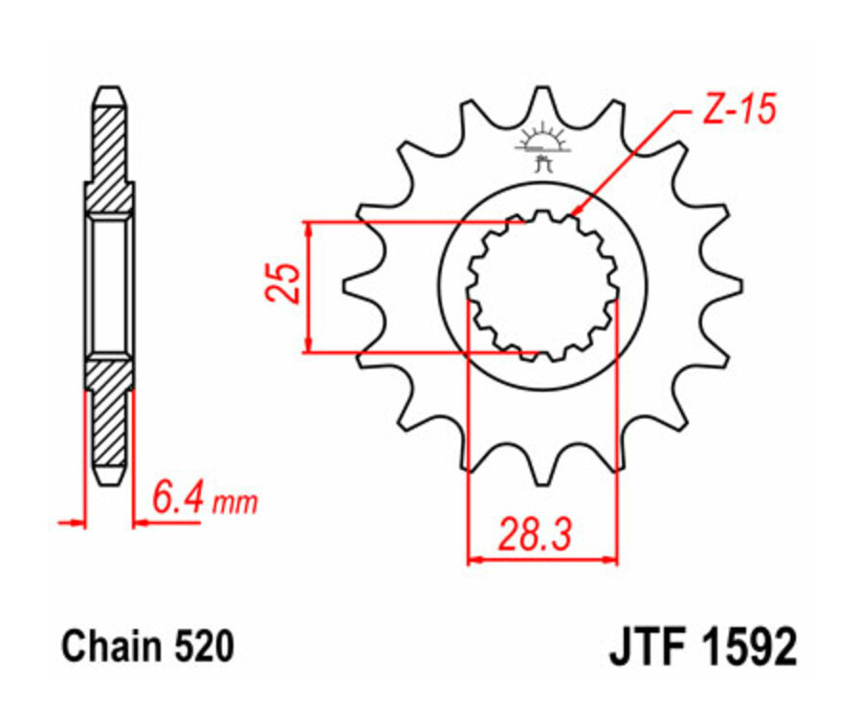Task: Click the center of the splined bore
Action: tap(542, 284)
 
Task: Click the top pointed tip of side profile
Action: tap(109, 91)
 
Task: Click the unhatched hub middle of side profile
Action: tap(109, 284)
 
